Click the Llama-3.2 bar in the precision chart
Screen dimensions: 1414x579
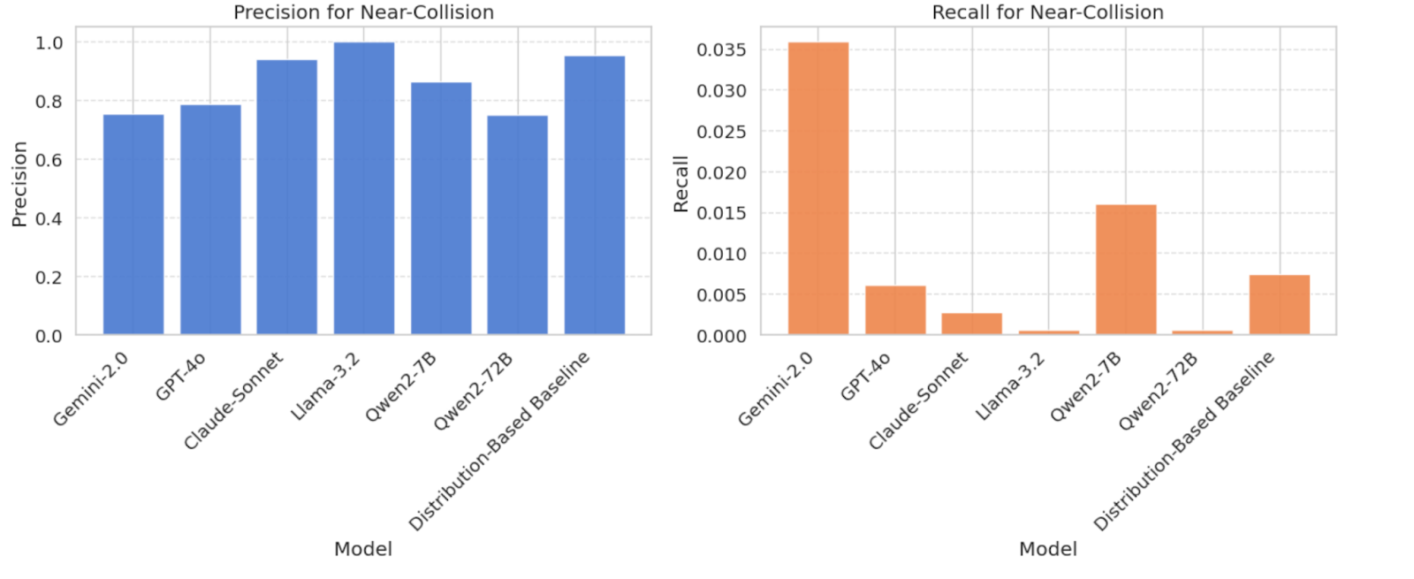364,188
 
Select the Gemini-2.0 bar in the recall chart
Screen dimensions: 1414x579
818,188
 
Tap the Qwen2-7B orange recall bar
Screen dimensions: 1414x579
1126,270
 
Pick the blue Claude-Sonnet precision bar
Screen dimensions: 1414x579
287,197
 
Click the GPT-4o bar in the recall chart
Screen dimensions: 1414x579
895,310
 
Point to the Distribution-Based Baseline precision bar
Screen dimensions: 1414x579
595,195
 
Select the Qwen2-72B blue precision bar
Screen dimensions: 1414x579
518,225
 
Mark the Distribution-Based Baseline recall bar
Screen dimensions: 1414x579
1280,305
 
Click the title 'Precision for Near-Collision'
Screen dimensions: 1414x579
363,12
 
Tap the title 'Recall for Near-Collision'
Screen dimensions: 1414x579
1048,12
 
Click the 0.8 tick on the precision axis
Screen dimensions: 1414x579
49,101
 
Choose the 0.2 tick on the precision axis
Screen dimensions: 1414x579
49,278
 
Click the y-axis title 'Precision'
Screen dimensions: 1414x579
19,184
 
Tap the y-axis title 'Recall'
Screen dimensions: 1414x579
680,184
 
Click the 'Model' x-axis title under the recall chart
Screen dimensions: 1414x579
1048,549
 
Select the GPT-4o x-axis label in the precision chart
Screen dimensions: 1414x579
180,377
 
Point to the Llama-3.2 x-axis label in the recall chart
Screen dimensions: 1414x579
1011,386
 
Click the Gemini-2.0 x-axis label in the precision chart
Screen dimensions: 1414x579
91,389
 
